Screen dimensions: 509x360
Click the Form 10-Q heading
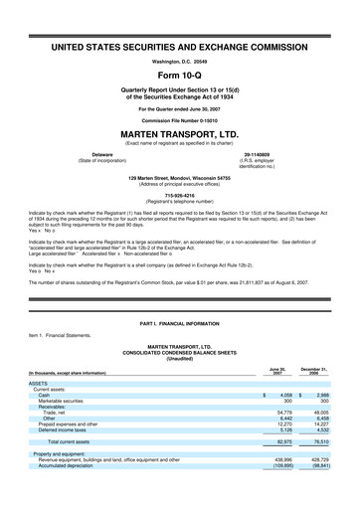tap(180, 75)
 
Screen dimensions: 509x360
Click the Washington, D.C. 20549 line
tap(180, 61)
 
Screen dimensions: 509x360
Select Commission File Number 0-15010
tap(180, 119)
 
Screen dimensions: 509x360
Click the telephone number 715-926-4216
tap(180, 196)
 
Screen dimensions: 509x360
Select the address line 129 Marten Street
tap(180, 178)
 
